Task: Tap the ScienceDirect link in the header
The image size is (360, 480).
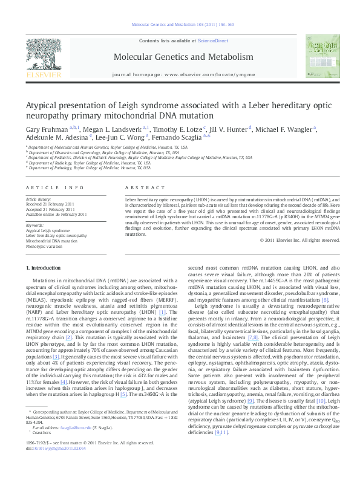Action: (212, 40)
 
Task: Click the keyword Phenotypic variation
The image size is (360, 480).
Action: (45, 246)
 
